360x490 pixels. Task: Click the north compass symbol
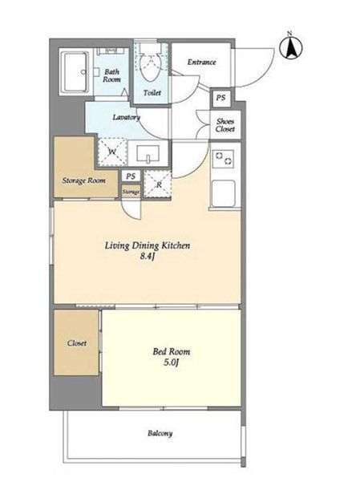click(290, 47)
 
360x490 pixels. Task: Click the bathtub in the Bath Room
click(75, 72)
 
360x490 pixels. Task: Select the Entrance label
click(201, 62)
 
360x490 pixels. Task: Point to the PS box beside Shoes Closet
click(220, 98)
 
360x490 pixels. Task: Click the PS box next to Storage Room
click(131, 176)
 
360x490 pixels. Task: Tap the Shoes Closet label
click(225, 125)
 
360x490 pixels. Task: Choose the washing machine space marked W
click(112, 152)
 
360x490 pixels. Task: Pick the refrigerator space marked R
click(158, 184)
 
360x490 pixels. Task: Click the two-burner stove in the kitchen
click(223, 159)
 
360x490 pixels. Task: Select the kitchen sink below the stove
click(223, 193)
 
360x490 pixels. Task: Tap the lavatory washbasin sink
click(148, 153)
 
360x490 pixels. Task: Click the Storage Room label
click(83, 180)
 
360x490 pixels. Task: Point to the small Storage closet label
click(131, 192)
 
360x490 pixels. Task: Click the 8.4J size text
click(148, 257)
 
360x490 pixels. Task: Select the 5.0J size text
click(172, 362)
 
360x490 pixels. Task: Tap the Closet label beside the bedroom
click(76, 343)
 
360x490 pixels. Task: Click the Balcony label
click(160, 433)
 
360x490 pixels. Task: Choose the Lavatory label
click(126, 118)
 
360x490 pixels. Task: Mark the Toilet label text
click(152, 93)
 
